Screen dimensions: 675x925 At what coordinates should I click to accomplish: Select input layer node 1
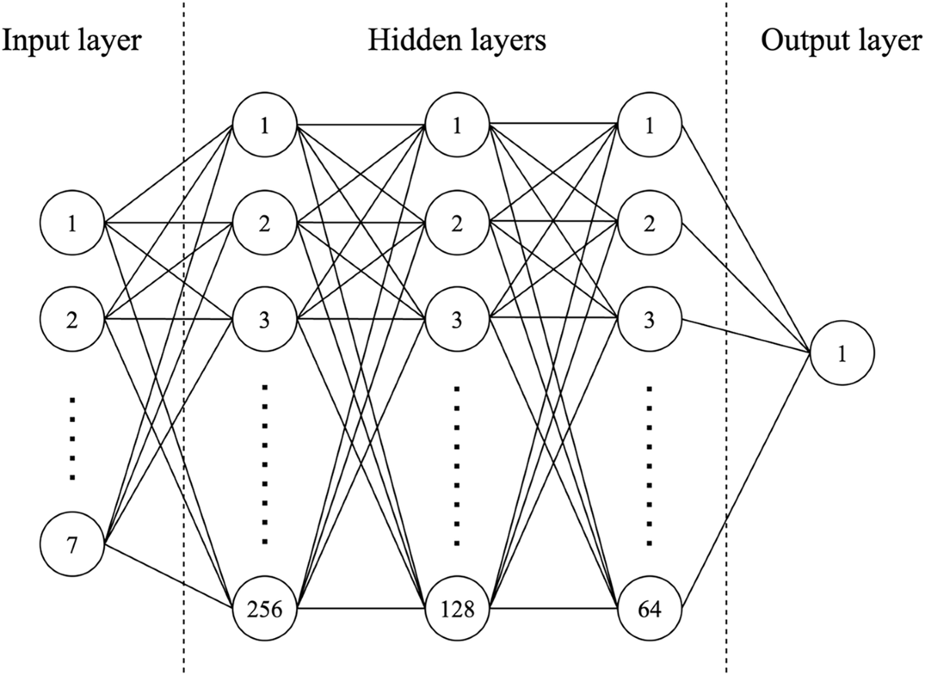(x=72, y=224)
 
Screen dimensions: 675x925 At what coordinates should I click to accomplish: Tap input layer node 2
(x=72, y=318)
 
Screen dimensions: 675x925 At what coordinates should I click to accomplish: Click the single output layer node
(x=842, y=354)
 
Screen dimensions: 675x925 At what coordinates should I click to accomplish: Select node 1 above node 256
(x=264, y=125)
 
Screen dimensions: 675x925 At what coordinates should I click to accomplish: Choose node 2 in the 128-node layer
(x=457, y=224)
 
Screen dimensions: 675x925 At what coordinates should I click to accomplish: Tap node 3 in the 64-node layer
(x=650, y=318)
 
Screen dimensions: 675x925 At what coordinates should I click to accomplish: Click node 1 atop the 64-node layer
(x=650, y=125)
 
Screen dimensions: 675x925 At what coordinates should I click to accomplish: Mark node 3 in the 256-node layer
(x=264, y=318)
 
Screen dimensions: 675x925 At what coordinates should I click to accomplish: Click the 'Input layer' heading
(x=72, y=40)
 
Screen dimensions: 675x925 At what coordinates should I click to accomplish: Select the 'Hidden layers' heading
(x=456, y=40)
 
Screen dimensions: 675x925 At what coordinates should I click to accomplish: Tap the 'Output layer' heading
(x=842, y=40)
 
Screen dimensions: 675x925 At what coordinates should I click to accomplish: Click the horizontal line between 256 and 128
(x=361, y=609)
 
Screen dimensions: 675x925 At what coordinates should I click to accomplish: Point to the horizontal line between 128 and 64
(x=553, y=609)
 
